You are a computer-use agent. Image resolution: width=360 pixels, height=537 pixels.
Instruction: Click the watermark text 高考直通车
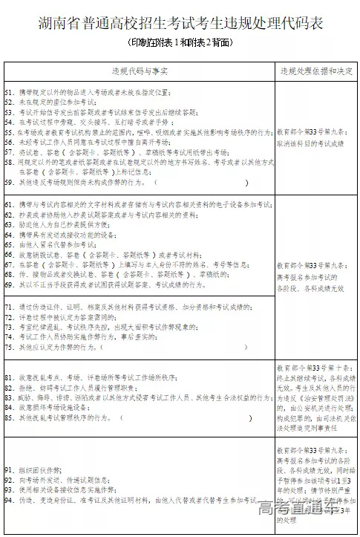(304, 510)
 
